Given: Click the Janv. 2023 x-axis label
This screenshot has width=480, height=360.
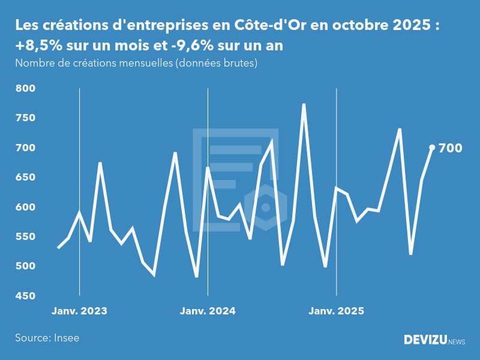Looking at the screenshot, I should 79,311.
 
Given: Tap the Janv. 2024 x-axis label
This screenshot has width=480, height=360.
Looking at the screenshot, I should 208,311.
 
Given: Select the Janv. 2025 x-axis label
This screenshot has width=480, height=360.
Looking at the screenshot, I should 336,311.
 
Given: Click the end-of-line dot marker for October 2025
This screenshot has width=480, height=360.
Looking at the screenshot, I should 432,148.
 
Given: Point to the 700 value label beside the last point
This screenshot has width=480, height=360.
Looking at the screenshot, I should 451,148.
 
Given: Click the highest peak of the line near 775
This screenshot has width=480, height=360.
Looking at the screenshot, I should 304,104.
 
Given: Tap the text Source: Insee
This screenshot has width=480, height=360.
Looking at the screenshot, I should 47,338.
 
